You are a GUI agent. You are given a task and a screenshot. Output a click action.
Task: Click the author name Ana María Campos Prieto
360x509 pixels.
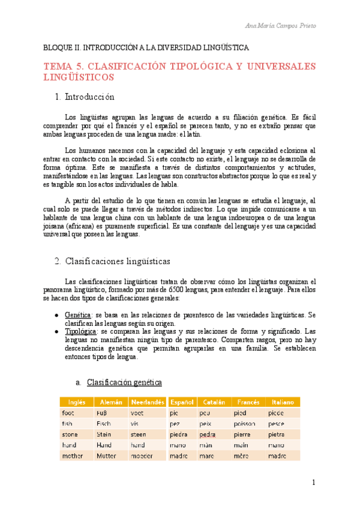(x=280, y=25)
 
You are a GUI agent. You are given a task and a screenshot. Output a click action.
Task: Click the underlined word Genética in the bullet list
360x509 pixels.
(x=77, y=315)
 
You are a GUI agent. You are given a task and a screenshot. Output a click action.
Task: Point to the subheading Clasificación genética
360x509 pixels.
(x=124, y=382)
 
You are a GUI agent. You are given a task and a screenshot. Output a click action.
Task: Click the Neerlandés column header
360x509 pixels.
(x=147, y=402)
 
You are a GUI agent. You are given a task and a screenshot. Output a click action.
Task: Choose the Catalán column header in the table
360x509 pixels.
(x=214, y=402)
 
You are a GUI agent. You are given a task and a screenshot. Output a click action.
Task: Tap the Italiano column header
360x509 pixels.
(x=283, y=402)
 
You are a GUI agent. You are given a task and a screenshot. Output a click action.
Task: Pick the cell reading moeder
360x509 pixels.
(x=142, y=456)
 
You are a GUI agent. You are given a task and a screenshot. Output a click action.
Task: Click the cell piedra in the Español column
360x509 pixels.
(x=179, y=434)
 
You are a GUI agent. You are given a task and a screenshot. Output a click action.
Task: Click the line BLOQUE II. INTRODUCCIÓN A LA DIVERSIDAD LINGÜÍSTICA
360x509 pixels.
(x=146, y=47)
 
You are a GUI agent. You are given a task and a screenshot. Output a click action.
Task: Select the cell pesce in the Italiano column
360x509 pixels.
(x=277, y=423)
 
